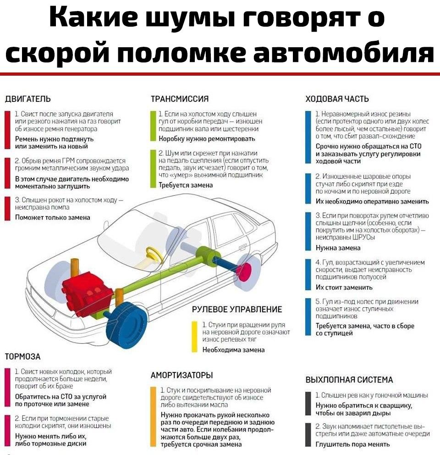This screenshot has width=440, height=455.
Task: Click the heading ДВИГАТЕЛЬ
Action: tap(28, 99)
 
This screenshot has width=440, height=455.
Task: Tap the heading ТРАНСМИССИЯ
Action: tap(180, 99)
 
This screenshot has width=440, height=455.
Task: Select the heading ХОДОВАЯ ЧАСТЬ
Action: tap(337, 99)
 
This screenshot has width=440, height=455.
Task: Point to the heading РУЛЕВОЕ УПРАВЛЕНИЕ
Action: tap(237, 309)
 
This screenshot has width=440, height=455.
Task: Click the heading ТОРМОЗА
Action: tap(22, 357)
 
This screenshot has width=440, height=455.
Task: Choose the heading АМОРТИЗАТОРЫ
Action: tap(182, 375)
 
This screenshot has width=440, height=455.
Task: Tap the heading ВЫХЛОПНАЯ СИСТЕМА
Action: tap(349, 380)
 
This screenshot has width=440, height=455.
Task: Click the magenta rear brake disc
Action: tap(244, 272)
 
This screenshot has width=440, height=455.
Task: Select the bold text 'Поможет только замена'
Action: tap(53, 217)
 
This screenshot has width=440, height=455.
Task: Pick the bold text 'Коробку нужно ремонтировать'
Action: tap(207, 139)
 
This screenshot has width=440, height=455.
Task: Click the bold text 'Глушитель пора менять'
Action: tap(353, 444)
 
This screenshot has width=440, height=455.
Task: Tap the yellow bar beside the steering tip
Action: tap(195, 337)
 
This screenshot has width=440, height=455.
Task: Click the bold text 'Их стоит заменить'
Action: tap(344, 288)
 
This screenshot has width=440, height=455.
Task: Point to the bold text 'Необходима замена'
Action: tap(233, 350)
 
